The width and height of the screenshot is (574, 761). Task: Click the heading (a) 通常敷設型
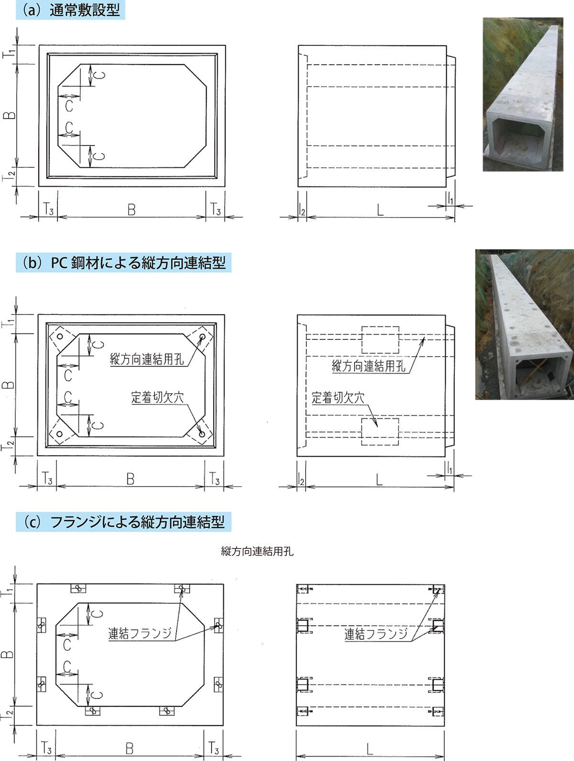(70, 11)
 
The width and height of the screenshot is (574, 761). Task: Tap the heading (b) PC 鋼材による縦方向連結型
(123, 263)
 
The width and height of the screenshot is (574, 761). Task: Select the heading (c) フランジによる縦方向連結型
(123, 522)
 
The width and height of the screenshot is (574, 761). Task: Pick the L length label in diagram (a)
(380, 210)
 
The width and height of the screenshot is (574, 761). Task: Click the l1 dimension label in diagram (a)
(450, 199)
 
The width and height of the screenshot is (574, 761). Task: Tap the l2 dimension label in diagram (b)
(301, 480)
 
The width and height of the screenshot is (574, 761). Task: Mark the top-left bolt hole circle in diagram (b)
(60, 337)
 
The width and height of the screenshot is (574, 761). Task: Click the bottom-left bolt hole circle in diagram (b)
(59, 434)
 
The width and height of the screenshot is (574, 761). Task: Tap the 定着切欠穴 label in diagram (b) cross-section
(157, 397)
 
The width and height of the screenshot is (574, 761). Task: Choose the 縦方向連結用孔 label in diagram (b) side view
(369, 366)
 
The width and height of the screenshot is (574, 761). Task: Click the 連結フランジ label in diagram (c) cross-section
(140, 634)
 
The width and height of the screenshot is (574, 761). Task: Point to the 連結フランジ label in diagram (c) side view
(375, 634)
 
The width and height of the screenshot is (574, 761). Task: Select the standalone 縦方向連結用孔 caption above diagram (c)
(257, 552)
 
